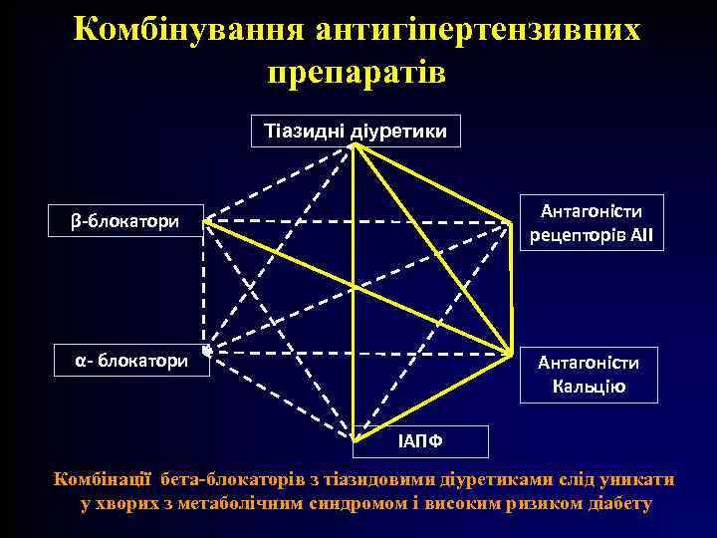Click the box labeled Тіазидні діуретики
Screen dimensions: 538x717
tap(355, 131)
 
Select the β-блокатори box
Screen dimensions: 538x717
tap(126, 220)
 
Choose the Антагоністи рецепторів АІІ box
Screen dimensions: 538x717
tap(591, 223)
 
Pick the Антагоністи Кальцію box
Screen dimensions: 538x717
tap(589, 374)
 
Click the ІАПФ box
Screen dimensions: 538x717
tap(421, 440)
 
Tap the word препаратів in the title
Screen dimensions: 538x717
tap(357, 72)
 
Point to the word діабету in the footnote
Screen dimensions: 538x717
tap(613, 503)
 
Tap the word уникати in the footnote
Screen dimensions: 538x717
tap(638, 480)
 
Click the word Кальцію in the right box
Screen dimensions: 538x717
tap(590, 386)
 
